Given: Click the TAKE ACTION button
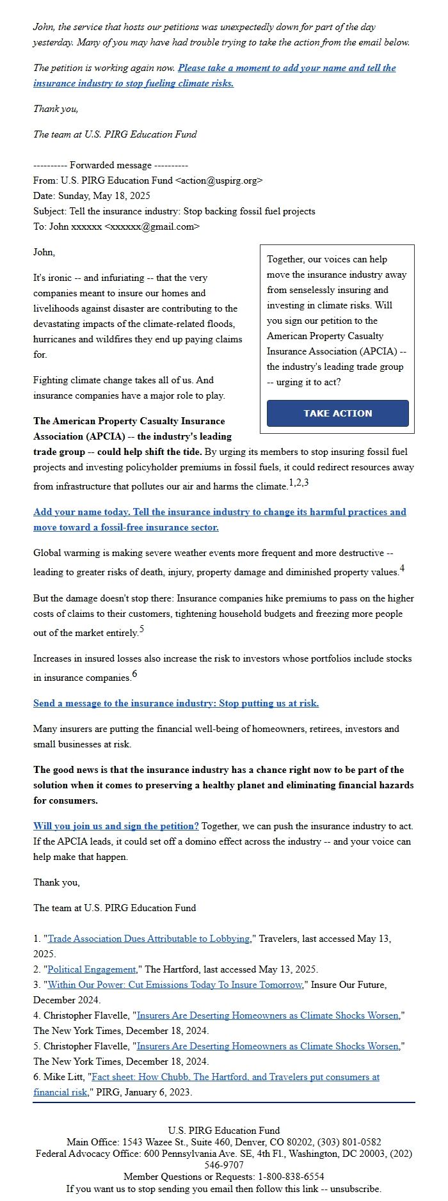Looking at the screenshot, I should coord(337,413).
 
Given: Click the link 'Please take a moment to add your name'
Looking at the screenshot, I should coord(287,68).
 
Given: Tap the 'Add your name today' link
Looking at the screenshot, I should coord(220,512).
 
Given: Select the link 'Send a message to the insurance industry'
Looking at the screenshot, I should coord(176,703).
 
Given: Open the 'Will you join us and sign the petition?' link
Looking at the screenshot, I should coord(116,826).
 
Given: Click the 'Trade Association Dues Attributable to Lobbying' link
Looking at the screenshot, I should coord(148,939).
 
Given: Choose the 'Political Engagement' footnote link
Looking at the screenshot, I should coord(92,969).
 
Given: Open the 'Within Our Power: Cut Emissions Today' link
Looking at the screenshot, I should coord(174,985).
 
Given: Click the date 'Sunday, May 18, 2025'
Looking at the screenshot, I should coord(104,196).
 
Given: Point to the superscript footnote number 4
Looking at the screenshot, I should coord(402,568).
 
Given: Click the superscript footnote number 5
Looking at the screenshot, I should coord(141,629).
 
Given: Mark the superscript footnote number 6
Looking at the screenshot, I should coord(134,674).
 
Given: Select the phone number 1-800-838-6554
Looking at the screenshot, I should coord(291,1176).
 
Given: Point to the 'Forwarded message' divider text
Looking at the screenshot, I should coord(110,165).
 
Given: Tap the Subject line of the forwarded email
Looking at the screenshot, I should coord(174,211).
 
